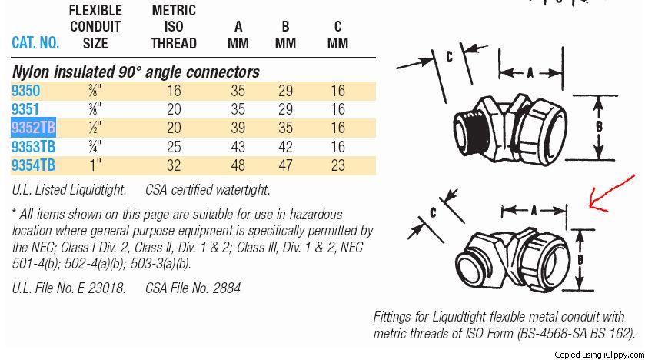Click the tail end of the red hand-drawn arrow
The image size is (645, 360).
point(635,176)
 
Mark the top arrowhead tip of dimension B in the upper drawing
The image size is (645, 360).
point(599,97)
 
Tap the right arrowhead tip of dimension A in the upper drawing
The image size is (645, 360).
point(562,73)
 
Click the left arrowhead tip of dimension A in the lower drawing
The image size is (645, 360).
point(502,211)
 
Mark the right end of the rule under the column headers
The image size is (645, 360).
point(376,57)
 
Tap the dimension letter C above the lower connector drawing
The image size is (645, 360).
point(433,212)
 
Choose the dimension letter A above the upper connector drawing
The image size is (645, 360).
point(530,73)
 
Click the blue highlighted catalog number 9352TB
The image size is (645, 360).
point(33,128)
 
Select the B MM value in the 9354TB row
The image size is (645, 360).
point(285,165)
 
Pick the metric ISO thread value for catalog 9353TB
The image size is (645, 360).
point(174,147)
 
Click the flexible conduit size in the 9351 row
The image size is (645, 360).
point(95,109)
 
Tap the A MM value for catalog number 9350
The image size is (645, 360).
point(238,91)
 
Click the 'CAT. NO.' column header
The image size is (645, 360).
point(35,43)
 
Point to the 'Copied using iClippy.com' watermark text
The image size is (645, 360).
point(599,355)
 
